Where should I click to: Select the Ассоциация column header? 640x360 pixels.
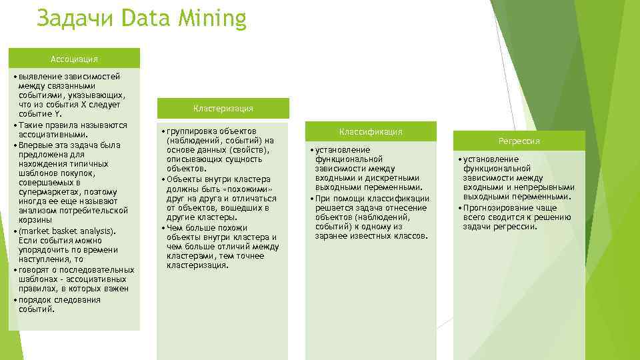coord(74,59)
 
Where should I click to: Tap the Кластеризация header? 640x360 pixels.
coord(223,108)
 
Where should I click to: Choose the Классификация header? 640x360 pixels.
coord(371,132)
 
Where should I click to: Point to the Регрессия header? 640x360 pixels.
coord(519,141)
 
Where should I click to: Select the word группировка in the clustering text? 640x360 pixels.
coord(191,131)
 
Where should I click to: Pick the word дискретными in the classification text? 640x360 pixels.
coord(395,179)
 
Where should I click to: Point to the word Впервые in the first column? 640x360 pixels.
coord(35,144)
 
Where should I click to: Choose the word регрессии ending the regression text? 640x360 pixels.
coord(515,227)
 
